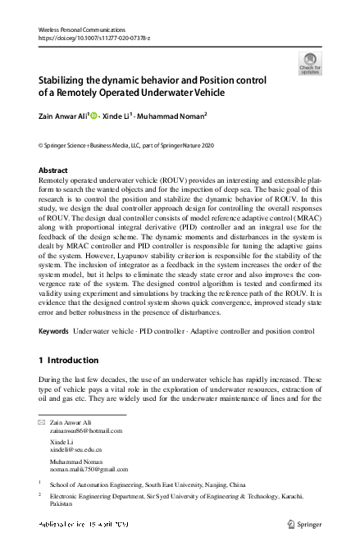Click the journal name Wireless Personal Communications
pyautogui.click(x=80, y=30)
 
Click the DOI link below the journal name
pyautogui.click(x=87, y=38)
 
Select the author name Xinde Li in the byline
pyautogui.click(x=119, y=116)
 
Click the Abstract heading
pyautogui.click(x=54, y=170)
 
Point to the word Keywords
pyautogui.click(x=53, y=331)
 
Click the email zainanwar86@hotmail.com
pyautogui.click(x=80, y=429)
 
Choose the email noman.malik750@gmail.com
pyautogui.click(x=84, y=471)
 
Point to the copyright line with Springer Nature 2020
pyautogui.click(x=131, y=143)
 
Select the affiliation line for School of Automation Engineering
pyautogui.click(x=147, y=485)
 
